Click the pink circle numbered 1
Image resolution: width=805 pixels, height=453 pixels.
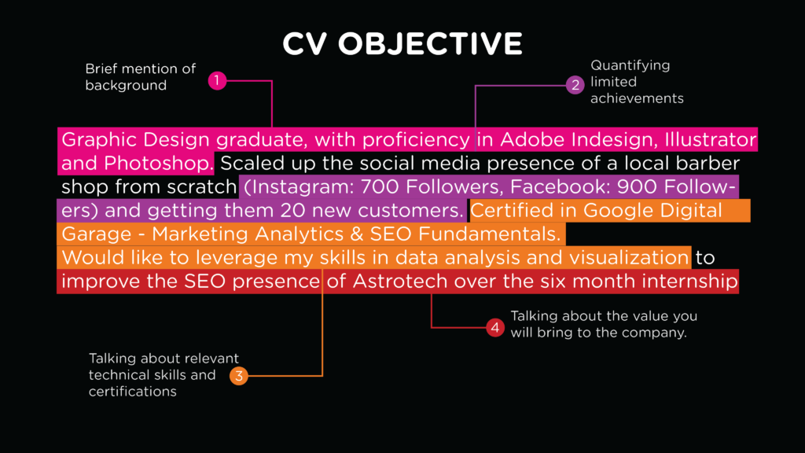pyautogui.click(x=217, y=81)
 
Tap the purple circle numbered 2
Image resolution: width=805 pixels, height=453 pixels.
pyautogui.click(x=575, y=85)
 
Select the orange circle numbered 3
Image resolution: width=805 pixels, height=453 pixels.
pyautogui.click(x=239, y=376)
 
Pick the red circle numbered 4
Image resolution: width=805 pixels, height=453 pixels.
pyautogui.click(x=495, y=328)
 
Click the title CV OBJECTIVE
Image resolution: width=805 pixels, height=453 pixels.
pyautogui.click(x=402, y=44)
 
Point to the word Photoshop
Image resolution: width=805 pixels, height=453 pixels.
pyautogui.click(x=159, y=164)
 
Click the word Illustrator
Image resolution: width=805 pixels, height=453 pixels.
pyautogui.click(x=710, y=140)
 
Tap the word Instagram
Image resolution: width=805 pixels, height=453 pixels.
pyautogui.click(x=299, y=187)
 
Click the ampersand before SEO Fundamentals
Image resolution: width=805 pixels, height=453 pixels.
pyautogui.click(x=357, y=234)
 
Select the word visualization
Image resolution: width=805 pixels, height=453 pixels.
pyautogui.click(x=629, y=258)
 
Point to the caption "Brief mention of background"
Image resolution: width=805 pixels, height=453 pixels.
pyautogui.click(x=141, y=77)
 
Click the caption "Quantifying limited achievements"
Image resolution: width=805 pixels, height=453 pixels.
pyautogui.click(x=637, y=82)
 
